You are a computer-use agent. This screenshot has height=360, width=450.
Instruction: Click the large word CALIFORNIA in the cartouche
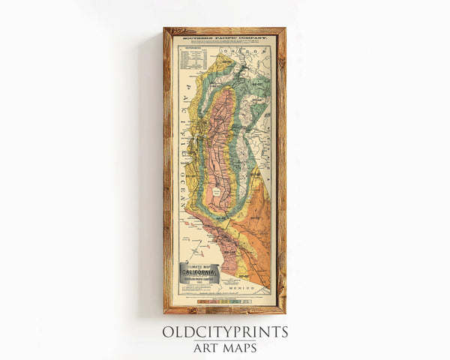coord(198,272)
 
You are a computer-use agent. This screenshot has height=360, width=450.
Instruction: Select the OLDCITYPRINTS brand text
coord(225,332)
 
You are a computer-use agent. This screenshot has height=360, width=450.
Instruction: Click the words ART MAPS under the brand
coord(225,347)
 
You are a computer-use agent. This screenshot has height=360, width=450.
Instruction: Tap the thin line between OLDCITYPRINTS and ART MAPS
coord(225,340)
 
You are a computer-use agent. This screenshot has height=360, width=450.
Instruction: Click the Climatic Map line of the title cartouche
coord(198,266)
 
